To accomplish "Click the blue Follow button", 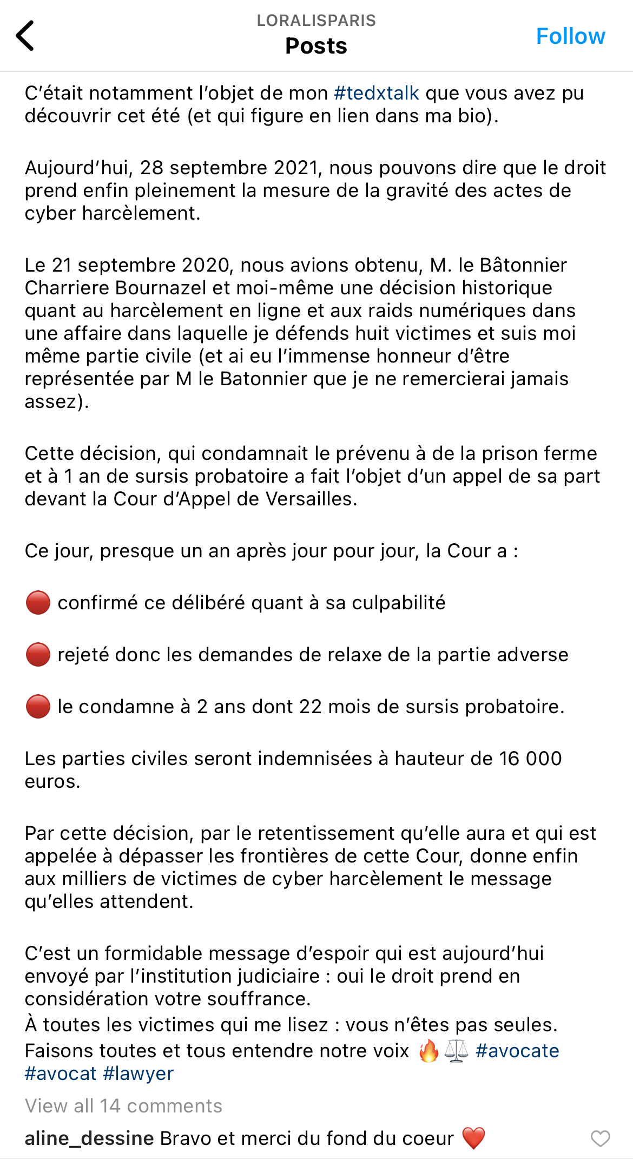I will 570,36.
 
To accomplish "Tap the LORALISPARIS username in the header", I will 316,21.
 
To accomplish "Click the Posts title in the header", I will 316,46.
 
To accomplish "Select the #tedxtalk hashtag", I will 377,93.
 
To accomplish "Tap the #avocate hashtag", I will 517,1050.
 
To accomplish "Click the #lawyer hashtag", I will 139,1073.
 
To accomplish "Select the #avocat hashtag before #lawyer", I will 61,1073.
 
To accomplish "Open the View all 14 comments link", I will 123,1105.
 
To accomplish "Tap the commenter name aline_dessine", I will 89,1138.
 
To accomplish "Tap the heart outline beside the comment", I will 600,1138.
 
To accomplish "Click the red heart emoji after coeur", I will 473,1138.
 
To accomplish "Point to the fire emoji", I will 428,1051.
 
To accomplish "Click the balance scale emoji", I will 456,1051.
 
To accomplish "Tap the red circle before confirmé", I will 38,603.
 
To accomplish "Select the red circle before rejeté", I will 38,655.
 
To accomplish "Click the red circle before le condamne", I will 38,707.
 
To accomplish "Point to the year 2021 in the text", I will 295,168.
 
